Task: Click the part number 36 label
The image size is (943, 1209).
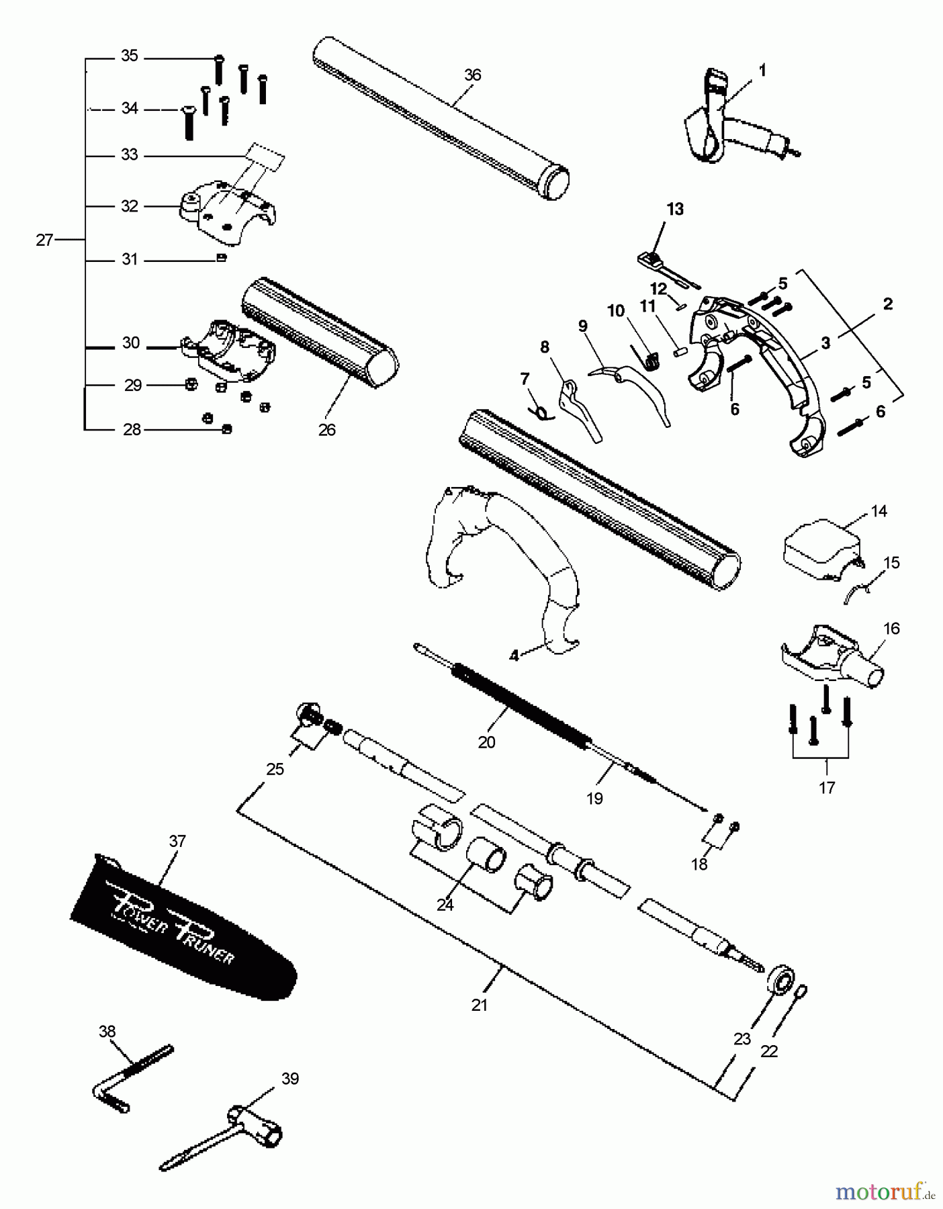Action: click(472, 75)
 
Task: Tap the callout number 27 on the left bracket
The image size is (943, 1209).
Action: click(44, 240)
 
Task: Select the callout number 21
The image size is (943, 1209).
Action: click(479, 1005)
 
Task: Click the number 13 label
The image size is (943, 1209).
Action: click(674, 209)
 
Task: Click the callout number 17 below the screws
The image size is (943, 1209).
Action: click(826, 787)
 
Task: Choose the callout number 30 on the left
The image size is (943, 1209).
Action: click(131, 343)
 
